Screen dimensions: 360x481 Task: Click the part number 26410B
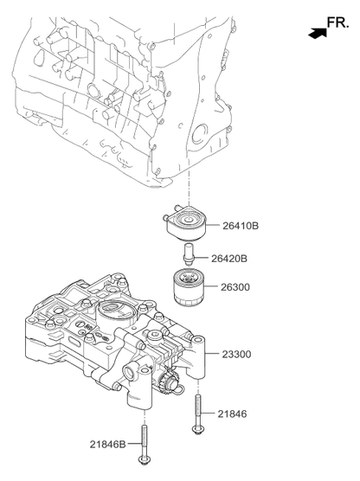coord(241,226)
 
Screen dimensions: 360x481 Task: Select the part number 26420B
coord(229,259)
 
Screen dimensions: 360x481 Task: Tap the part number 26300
coord(235,287)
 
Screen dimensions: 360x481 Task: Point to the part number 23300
coord(236,355)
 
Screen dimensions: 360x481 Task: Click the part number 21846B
coord(107,444)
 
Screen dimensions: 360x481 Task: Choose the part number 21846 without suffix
coord(232,414)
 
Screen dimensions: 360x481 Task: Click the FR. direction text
coord(337,23)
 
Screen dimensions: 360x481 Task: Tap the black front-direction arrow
coord(318,33)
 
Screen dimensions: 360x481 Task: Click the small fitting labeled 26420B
coord(188,254)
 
